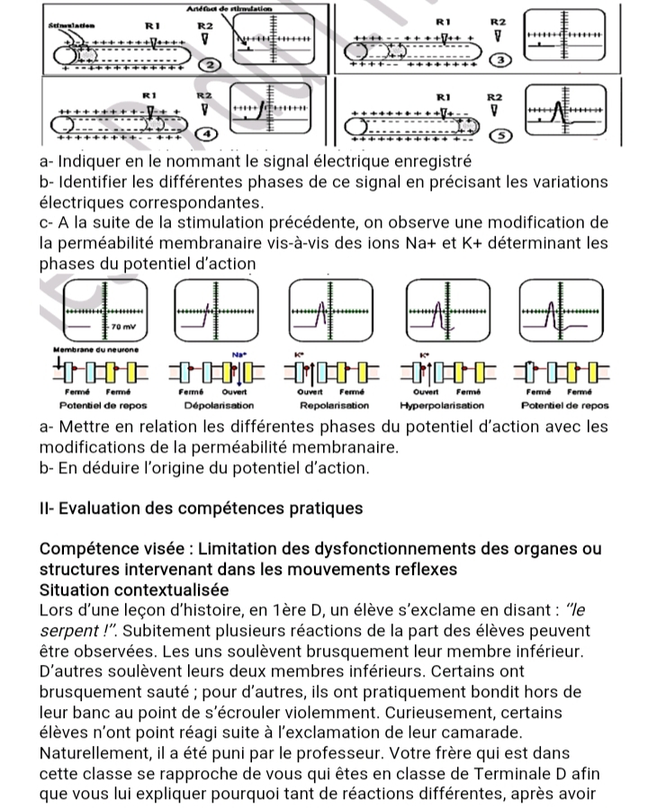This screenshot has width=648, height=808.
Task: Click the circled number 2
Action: point(209,66)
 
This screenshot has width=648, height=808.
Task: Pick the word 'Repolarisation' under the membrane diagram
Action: point(329,406)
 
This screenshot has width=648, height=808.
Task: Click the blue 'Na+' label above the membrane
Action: point(238,355)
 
